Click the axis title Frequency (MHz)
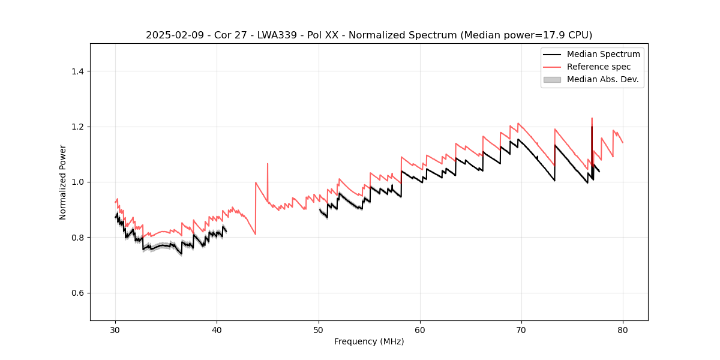pos(369,341)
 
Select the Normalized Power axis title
pos(63,182)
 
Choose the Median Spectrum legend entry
pos(603,54)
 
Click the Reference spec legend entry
pos(598,67)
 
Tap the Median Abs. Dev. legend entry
pos(602,79)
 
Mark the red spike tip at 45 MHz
pos(268,163)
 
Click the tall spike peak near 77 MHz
pos(592,118)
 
